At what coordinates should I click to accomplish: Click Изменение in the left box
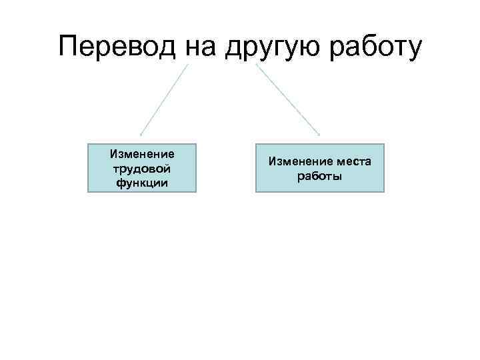tap(142, 154)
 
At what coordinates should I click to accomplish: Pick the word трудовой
tap(142, 168)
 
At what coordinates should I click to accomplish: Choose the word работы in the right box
tap(319, 176)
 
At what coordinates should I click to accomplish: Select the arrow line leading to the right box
tap(288, 100)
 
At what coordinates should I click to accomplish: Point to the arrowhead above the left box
tap(141, 134)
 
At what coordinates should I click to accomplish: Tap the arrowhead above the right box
tap(319, 135)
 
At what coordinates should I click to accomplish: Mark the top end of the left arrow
tap(187, 65)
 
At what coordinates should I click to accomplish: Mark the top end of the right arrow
tap(256, 65)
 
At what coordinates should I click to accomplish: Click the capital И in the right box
tap(272, 162)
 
